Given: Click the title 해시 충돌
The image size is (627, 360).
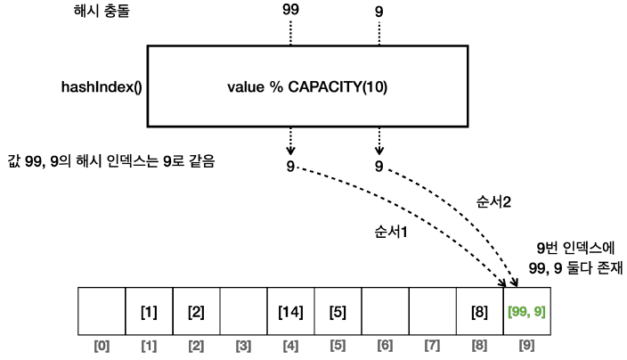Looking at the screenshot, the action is pyautogui.click(x=99, y=15).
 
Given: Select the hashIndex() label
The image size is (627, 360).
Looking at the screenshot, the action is pyautogui.click(x=94, y=87).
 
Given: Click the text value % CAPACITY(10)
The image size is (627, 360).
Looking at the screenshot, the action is pyautogui.click(x=308, y=87).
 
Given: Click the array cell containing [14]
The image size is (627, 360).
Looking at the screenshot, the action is pyautogui.click(x=290, y=312).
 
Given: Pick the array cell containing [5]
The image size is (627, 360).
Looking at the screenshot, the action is pyautogui.click(x=338, y=312).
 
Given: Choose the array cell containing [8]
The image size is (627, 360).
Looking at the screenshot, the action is pyautogui.click(x=479, y=312).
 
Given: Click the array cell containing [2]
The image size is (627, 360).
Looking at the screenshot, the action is pyautogui.click(x=196, y=312).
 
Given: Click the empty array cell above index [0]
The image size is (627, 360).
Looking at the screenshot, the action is pyautogui.click(x=102, y=312).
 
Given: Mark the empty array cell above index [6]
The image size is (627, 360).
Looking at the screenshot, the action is pyautogui.click(x=385, y=312).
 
